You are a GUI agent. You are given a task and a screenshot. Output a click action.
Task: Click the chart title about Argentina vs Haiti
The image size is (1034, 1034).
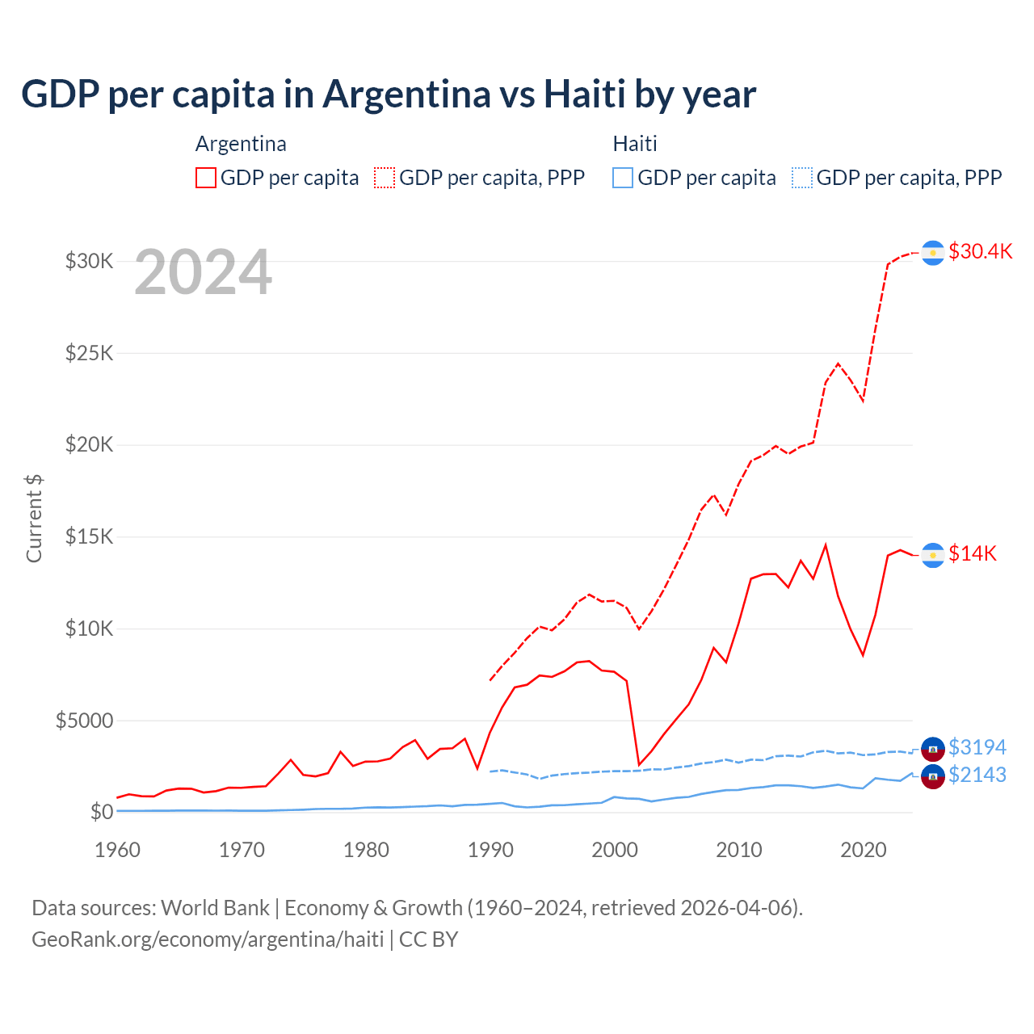389,95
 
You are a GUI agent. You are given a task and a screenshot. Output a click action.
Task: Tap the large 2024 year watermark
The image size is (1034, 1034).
203,273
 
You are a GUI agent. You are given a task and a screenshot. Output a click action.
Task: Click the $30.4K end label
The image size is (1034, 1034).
980,251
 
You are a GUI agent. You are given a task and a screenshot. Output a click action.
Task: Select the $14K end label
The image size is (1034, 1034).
973,553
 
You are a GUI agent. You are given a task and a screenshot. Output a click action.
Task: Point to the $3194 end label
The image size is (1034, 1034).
977,747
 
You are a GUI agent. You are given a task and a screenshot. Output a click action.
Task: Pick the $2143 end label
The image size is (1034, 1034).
977,775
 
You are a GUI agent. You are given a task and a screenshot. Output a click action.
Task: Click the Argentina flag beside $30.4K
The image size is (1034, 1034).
933,253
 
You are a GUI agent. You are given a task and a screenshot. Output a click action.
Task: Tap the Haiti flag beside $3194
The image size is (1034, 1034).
933,749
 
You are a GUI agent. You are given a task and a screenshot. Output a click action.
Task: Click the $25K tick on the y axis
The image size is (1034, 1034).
90,353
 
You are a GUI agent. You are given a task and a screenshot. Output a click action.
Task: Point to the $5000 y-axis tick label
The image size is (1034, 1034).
85,721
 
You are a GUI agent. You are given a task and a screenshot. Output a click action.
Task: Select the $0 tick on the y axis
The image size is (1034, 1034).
102,812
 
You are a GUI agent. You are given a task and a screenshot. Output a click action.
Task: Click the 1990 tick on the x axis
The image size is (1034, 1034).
490,850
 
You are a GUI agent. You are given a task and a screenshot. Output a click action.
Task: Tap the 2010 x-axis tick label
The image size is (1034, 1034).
739,850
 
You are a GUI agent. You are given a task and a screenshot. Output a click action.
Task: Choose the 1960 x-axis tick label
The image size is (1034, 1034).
118,850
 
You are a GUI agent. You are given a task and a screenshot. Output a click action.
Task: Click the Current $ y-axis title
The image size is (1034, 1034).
34,518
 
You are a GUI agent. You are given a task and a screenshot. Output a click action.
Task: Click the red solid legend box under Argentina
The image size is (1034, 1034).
206,178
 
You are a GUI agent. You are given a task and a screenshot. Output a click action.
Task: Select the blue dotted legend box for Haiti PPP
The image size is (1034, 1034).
802,178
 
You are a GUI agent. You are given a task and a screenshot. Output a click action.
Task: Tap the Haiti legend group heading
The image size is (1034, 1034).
635,144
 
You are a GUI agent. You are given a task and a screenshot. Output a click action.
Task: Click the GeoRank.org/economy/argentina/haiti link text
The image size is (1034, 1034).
208,939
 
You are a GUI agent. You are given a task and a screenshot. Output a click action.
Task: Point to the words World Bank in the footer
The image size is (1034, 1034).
215,908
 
